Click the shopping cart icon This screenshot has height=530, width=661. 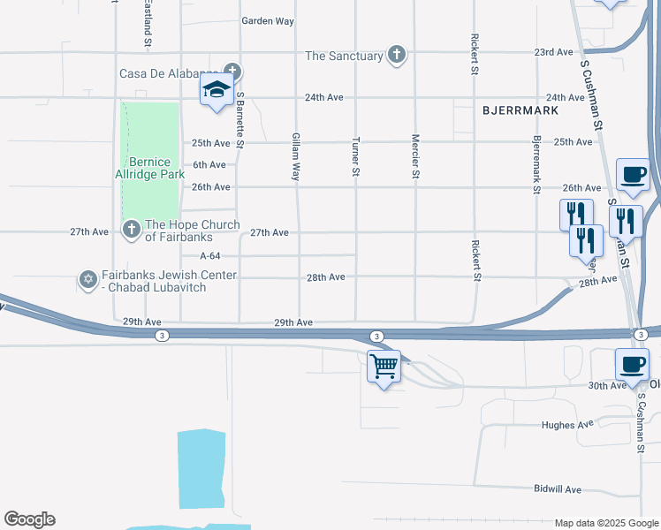384,365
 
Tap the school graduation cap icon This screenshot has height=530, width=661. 217,89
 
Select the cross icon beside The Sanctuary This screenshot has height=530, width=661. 397,56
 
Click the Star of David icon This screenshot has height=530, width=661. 87,280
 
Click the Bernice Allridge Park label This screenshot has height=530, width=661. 156,168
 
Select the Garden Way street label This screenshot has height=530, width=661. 268,20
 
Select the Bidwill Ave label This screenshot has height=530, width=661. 558,488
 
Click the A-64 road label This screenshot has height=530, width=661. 209,255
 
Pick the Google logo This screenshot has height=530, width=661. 29,519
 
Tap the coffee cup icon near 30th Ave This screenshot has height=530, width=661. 632,365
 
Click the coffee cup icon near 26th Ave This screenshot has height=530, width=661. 632,174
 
